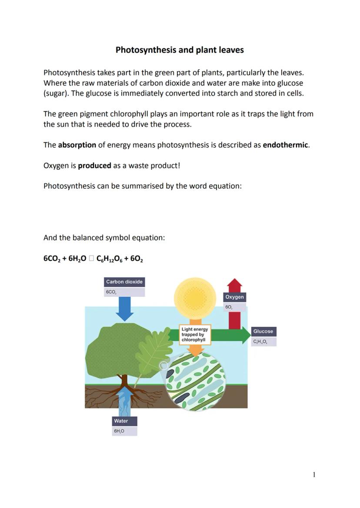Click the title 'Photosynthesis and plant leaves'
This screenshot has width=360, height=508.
pos(180,50)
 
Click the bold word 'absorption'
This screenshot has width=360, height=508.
pos(77,145)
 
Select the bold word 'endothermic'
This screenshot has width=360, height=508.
pos(285,145)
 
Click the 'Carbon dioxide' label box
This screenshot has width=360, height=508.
pos(124,282)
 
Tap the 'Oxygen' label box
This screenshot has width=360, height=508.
pos(234,297)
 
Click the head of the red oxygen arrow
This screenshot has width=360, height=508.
pos(235,285)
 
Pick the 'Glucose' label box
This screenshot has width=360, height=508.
pos(263,331)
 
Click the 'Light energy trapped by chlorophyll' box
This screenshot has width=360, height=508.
pos(195,335)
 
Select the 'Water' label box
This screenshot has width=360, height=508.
pos(124,421)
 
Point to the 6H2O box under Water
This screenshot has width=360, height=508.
pos(124,431)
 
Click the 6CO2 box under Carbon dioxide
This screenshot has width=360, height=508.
pos(124,292)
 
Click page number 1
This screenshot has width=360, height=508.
pos(314,475)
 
